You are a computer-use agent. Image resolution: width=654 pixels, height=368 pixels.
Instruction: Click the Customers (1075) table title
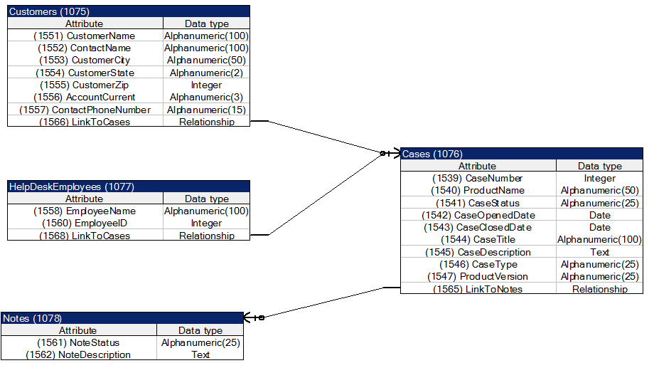coord(50,11)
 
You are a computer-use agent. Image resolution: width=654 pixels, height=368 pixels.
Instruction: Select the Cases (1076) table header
coord(432,154)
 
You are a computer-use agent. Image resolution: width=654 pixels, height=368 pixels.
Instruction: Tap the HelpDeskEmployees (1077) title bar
coord(71,186)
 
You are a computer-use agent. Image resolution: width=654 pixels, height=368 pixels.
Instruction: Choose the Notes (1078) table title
coord(32,318)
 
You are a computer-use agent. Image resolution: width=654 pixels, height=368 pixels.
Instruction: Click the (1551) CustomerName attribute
coord(85,36)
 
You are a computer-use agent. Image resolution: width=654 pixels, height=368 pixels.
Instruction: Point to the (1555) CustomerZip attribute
coord(85,85)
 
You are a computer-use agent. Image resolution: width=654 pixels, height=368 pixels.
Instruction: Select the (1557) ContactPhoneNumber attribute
coord(85,110)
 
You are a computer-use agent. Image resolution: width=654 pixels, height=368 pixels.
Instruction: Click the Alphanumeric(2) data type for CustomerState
coord(206,73)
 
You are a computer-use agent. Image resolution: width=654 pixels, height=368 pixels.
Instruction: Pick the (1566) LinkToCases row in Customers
coord(85,122)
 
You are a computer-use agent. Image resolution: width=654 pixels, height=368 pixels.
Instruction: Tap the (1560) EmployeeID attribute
coord(85,223)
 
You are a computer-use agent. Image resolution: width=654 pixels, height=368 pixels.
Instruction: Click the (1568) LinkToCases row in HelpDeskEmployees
coord(85,236)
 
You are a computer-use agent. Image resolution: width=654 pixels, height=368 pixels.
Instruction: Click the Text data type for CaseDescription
coord(599,252)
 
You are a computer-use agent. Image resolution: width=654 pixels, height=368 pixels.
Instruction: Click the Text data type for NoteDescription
coord(200,354)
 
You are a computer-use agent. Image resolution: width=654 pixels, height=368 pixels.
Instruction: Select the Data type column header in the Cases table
coord(599,166)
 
